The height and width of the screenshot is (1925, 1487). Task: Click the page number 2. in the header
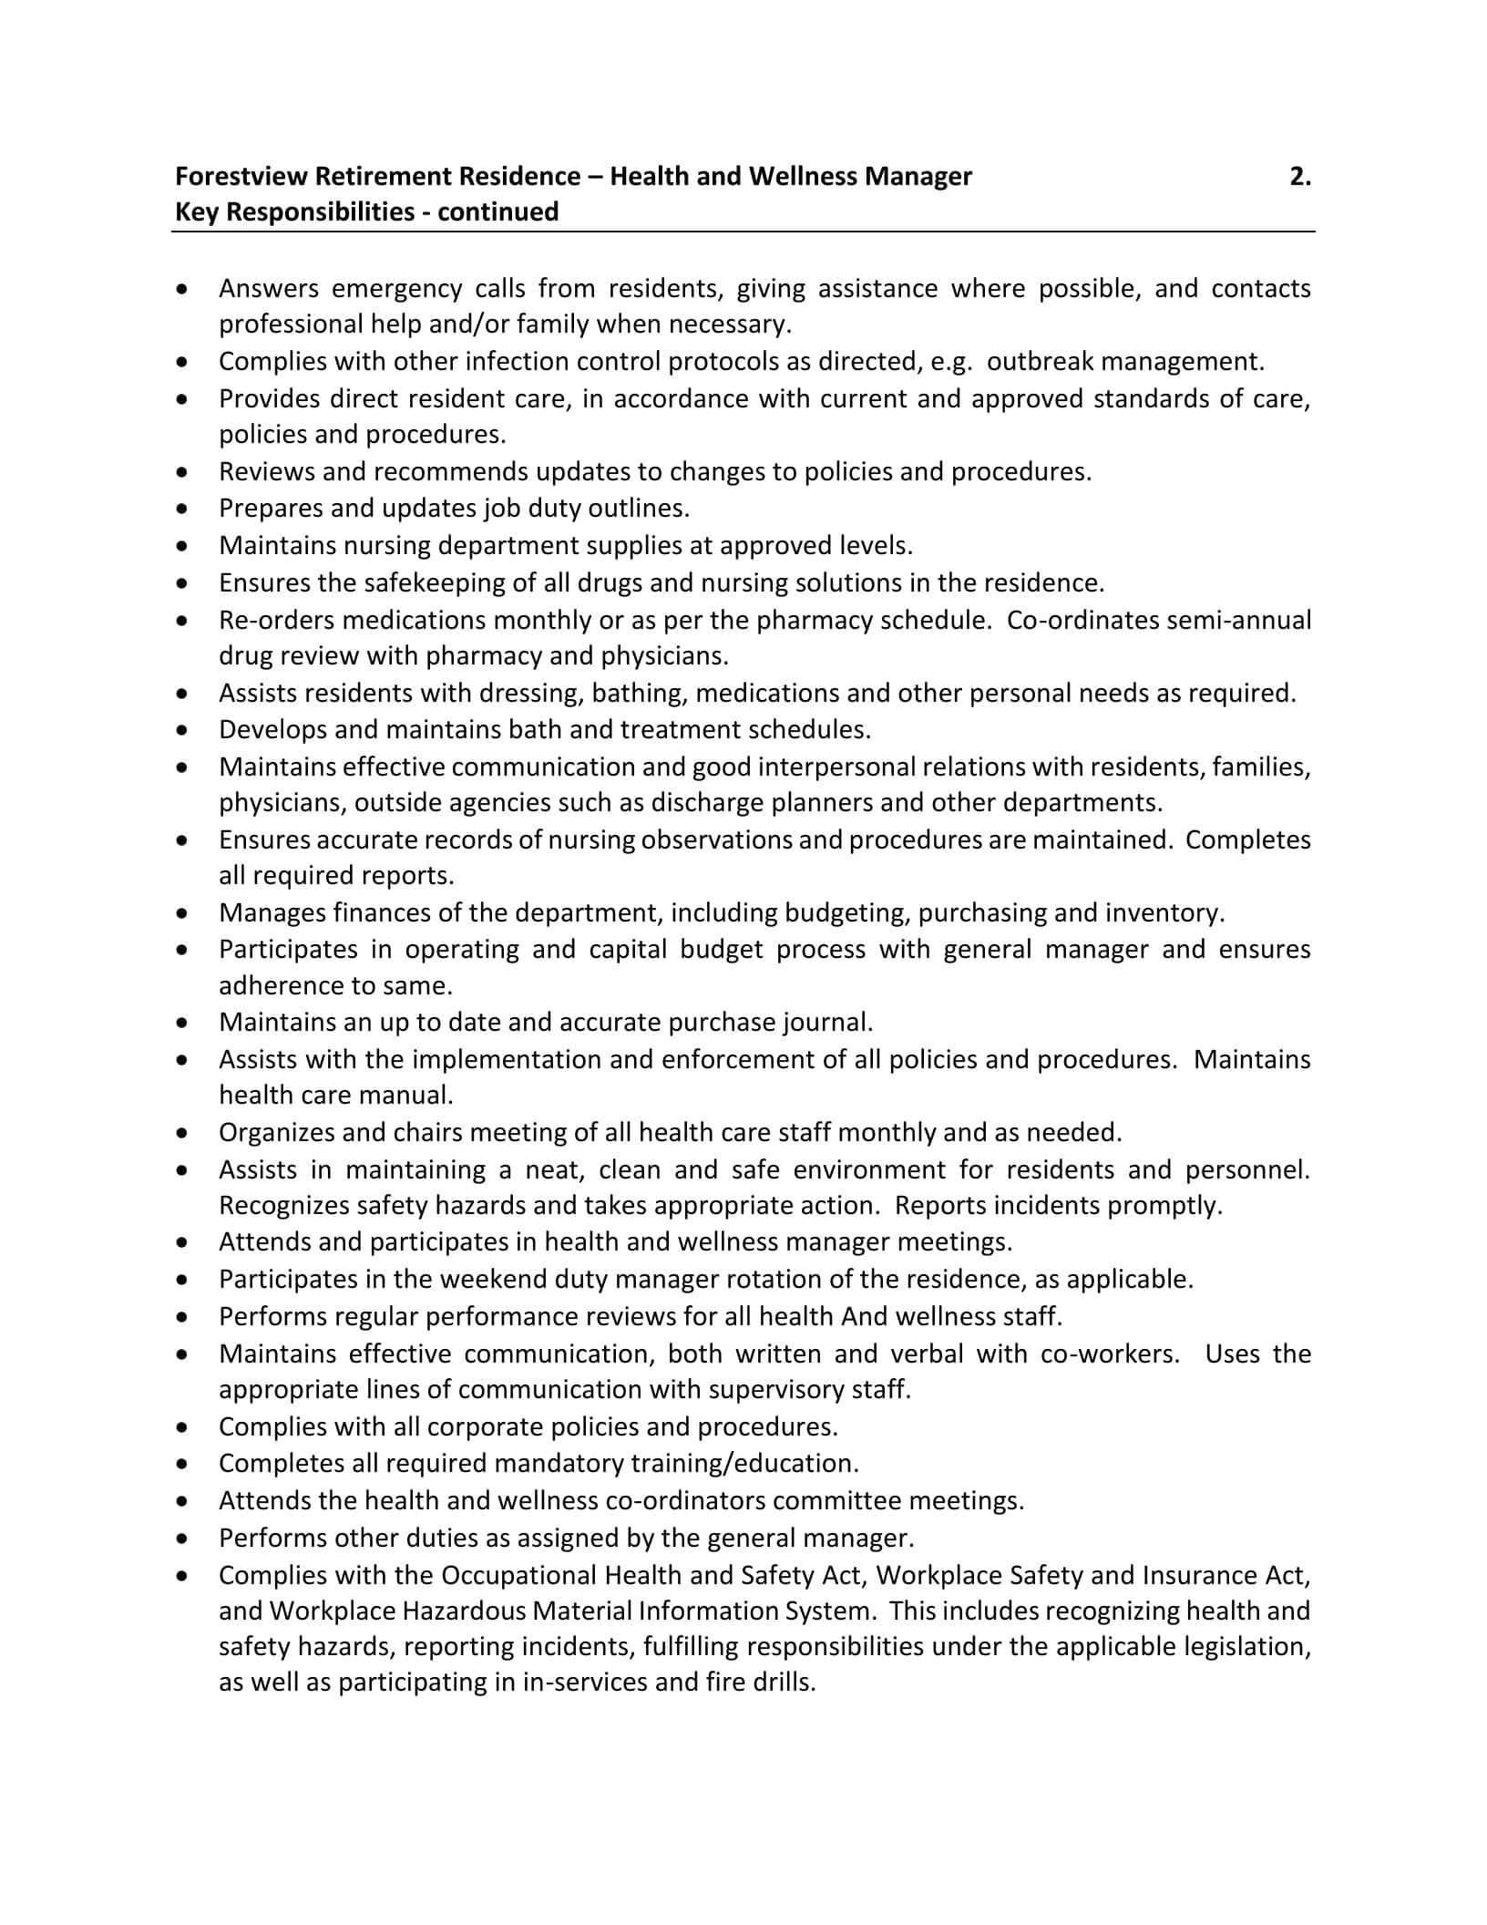[1300, 176]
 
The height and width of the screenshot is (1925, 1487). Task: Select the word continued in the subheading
[497, 211]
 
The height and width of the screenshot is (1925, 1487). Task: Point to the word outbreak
[1040, 362]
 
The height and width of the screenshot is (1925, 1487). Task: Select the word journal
[826, 1023]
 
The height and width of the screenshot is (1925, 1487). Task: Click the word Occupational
[518, 1575]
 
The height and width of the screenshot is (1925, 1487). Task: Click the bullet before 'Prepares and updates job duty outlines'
[185, 509]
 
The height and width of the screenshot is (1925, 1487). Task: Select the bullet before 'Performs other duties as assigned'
[185, 1539]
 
